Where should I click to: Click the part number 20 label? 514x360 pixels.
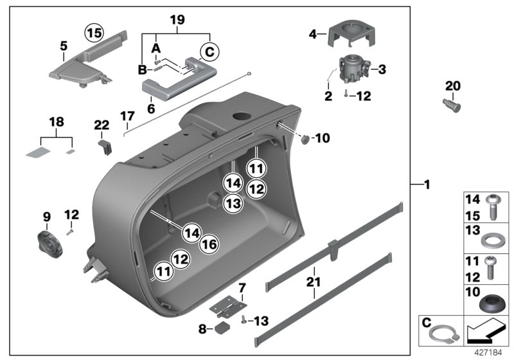tap(453, 86)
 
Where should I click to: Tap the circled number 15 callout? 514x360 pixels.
tap(94, 32)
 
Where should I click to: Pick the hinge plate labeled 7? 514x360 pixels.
tap(229, 301)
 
